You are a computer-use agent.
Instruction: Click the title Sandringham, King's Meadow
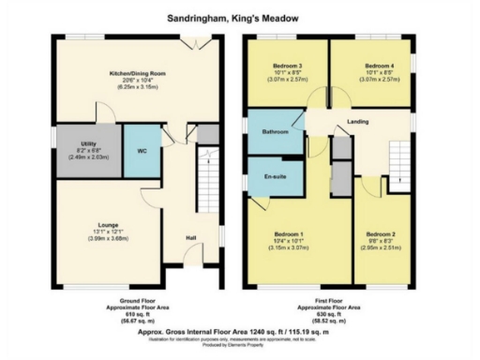click(239, 17)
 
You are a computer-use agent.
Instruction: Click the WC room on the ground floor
click(142, 150)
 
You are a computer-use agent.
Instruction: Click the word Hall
click(190, 238)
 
